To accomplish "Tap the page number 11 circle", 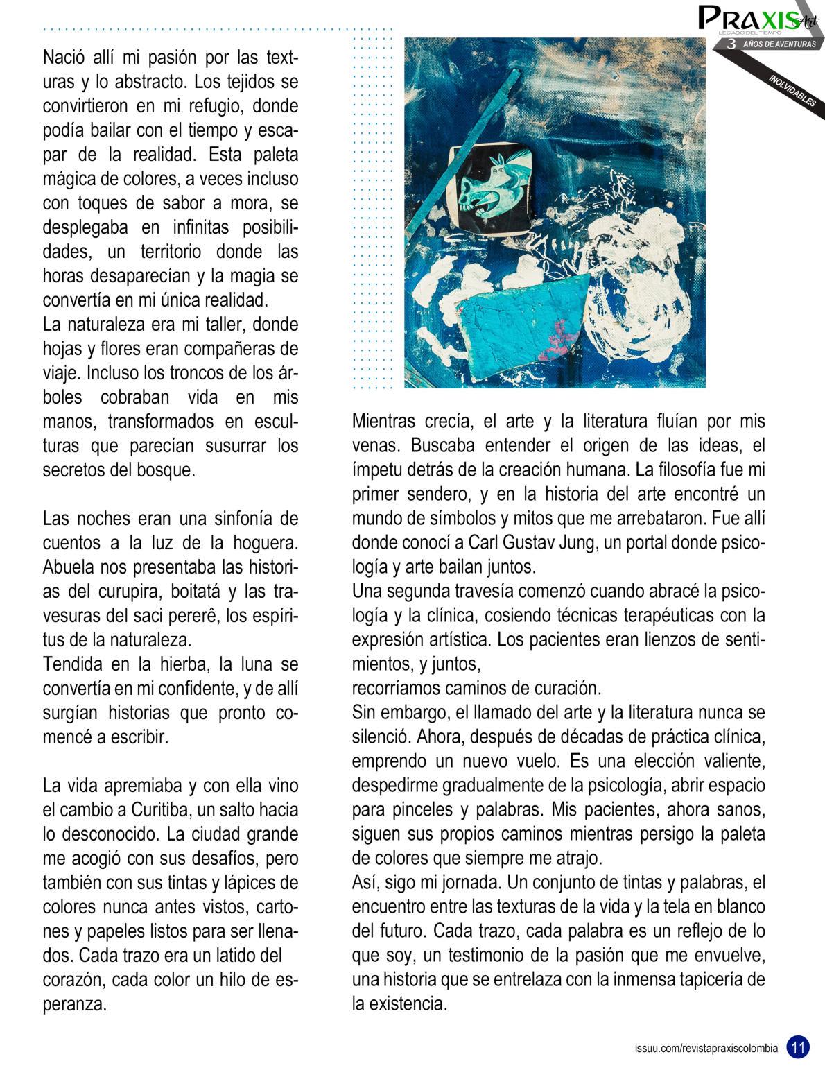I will coord(798,1045).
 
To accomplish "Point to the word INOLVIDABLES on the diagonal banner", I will coord(792,90).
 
